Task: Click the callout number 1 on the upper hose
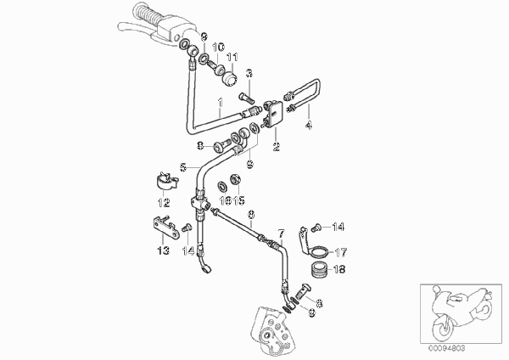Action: tap(221, 103)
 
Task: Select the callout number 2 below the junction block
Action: tap(277, 147)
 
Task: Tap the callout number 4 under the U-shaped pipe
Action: tap(309, 125)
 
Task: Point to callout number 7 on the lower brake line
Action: tap(282, 233)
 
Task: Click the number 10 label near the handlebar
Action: tap(219, 48)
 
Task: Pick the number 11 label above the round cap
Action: tap(232, 58)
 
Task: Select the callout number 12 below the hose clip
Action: tap(164, 203)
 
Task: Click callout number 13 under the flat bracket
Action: tap(164, 250)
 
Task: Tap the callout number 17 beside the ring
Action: tap(341, 252)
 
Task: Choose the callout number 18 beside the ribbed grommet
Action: tap(339, 269)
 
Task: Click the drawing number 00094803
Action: tap(446, 348)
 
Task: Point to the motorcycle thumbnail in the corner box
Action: tap(461, 314)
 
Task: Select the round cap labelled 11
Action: tap(229, 79)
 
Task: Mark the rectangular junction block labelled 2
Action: tap(273, 114)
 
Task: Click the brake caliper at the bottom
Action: tap(272, 331)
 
